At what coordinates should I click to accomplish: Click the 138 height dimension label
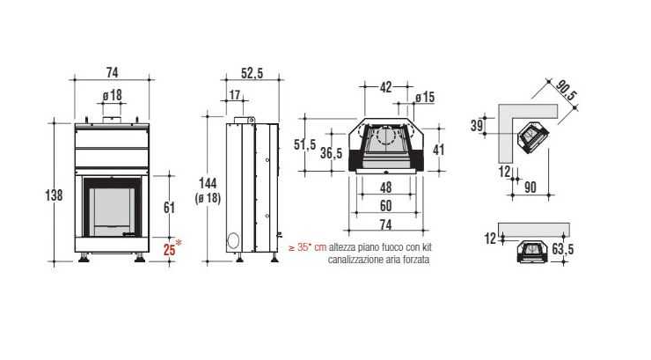(54, 195)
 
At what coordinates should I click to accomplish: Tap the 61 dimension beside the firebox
(169, 207)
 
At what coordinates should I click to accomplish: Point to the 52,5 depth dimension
(252, 73)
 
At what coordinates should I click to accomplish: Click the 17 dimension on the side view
(235, 95)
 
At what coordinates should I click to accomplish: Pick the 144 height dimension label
(208, 183)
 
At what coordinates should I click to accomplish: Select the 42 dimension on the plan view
(385, 87)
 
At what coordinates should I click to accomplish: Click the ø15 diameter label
(425, 97)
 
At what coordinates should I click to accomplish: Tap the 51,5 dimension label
(305, 144)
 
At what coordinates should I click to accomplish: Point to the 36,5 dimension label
(332, 153)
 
